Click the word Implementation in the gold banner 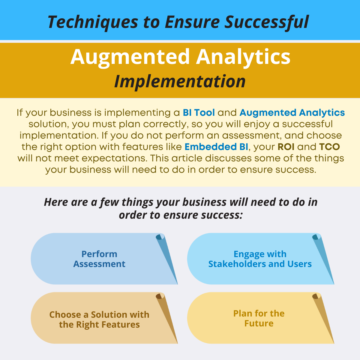coord(180,82)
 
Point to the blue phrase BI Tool coord(199,113)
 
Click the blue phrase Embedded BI coord(216,147)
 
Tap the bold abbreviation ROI coord(286,147)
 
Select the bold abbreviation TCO coord(329,147)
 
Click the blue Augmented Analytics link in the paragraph coord(292,113)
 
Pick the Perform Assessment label coord(99,259)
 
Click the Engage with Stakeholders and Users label coord(260,259)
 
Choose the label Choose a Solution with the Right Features coord(99,319)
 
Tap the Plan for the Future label coord(259,319)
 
